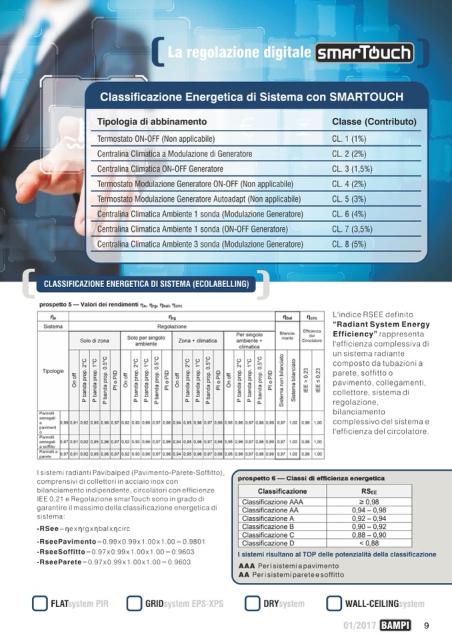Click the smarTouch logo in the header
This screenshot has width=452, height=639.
(364, 53)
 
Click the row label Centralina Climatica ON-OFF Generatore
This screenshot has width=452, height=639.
(160, 169)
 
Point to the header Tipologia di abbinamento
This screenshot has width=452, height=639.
(152, 122)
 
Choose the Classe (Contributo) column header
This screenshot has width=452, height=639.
(374, 122)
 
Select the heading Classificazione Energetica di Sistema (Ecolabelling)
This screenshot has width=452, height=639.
(146, 285)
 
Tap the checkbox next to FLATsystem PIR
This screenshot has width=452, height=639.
(39, 604)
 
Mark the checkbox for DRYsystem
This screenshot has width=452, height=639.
(252, 604)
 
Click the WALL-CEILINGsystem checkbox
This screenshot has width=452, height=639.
(334, 604)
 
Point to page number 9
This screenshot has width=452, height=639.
(426, 625)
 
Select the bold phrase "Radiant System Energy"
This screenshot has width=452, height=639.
(381, 324)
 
